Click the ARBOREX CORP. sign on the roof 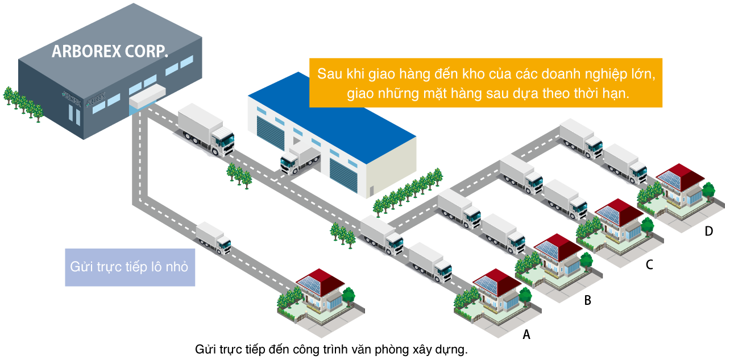(110, 52)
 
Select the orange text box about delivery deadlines (486, 82)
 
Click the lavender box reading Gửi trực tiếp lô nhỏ (130, 267)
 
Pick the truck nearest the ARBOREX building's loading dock (206, 130)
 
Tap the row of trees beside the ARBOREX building (23, 104)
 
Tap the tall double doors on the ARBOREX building (74, 113)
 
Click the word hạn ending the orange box (618, 94)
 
